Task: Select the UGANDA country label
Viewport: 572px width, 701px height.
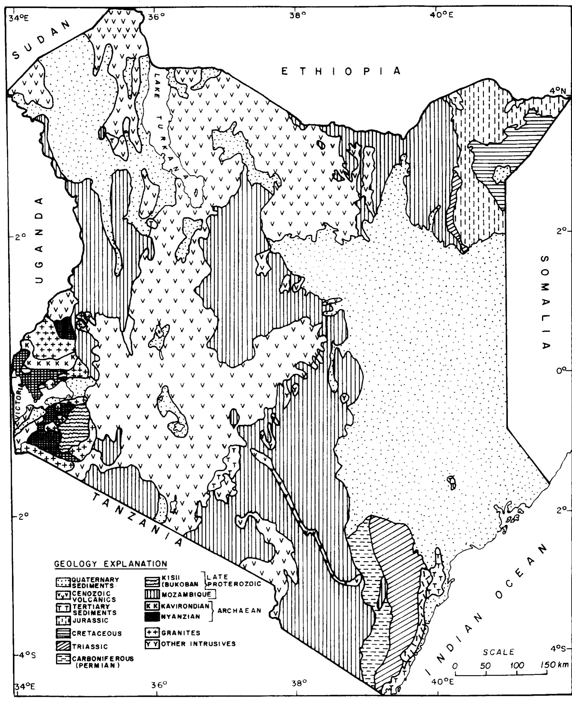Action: [x=40, y=240]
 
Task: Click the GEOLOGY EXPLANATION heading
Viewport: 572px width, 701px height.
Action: [x=111, y=564]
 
